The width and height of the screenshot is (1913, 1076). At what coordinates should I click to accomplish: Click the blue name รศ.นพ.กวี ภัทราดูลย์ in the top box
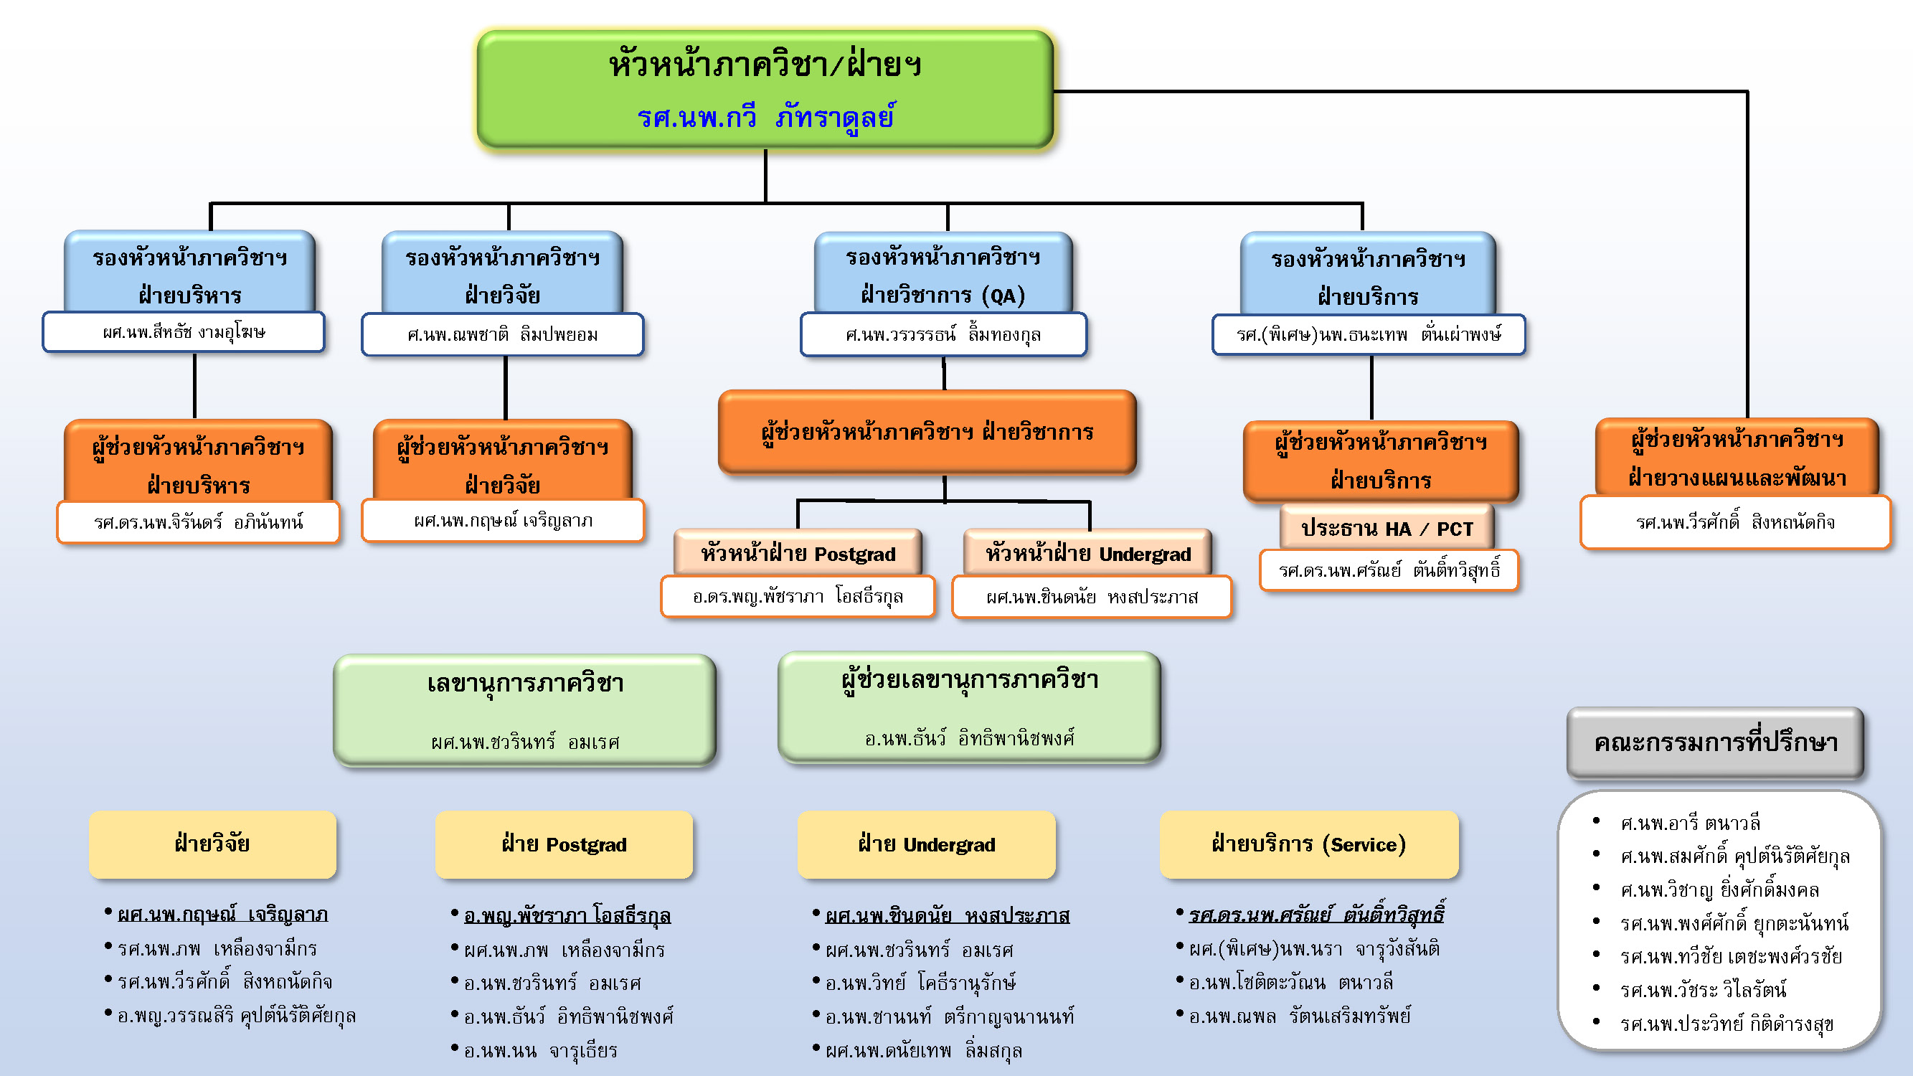tap(765, 118)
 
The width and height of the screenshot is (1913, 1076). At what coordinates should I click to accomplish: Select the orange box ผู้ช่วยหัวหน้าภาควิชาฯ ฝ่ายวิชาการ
tap(927, 431)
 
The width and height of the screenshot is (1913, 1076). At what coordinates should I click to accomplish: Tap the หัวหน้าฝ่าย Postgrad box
tap(798, 553)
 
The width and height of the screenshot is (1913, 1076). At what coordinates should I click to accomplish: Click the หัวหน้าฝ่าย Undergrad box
tap(1087, 553)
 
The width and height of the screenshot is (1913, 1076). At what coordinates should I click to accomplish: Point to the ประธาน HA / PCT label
tap(1387, 529)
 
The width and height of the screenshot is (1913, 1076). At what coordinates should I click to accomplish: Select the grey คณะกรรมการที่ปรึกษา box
tap(1715, 742)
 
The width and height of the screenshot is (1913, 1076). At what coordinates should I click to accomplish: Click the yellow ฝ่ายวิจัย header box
tap(212, 844)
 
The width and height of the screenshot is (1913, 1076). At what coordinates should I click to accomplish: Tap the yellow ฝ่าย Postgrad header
tap(564, 844)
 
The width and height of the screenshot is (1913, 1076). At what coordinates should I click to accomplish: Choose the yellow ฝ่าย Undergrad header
tap(926, 844)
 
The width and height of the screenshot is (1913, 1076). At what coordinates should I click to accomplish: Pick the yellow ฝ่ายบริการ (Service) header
tap(1308, 844)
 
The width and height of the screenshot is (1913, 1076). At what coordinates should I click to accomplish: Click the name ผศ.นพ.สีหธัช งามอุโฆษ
tap(184, 332)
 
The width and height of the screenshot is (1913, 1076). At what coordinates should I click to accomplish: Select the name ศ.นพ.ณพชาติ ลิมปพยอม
tap(502, 334)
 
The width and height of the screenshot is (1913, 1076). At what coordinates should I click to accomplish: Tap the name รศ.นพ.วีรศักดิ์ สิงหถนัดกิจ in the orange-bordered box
tap(1735, 522)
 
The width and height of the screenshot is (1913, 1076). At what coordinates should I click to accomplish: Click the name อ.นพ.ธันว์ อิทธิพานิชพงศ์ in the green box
tap(969, 738)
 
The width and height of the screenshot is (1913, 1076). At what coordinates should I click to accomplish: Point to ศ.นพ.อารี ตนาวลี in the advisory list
tap(1690, 823)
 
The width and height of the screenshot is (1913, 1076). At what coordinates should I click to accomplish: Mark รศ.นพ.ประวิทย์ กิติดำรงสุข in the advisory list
tap(1727, 1024)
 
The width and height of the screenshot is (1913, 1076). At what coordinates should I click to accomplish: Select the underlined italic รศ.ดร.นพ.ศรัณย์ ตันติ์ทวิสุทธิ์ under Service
tap(1316, 914)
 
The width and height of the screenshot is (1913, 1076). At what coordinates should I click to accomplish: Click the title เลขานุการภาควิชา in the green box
tap(525, 683)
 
